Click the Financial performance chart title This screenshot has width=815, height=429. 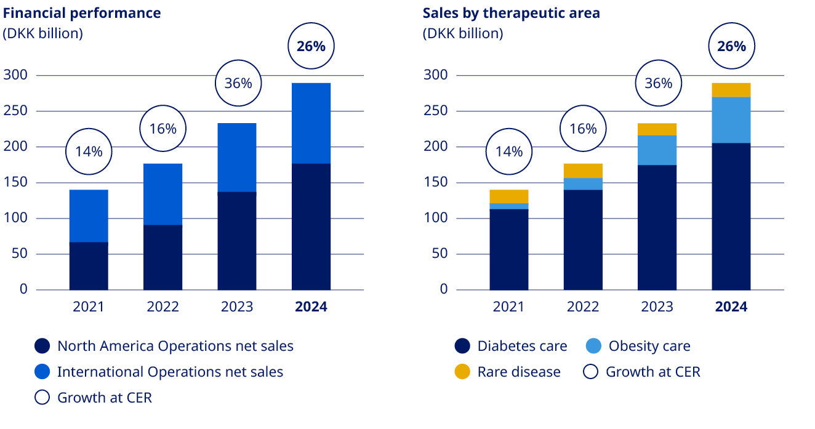point(82,13)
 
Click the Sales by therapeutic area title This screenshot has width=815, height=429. point(511,13)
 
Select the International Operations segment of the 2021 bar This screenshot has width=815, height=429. point(89,215)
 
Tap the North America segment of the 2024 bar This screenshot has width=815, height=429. point(311,227)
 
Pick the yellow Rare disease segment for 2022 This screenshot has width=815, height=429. point(583,170)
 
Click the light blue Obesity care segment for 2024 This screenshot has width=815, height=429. point(731,120)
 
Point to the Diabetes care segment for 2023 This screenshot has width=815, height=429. point(657,227)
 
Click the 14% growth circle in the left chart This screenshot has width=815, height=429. point(89,151)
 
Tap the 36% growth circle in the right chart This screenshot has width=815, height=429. point(658,83)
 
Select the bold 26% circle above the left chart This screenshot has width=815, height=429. point(311,46)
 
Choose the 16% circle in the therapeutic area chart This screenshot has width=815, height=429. point(583,129)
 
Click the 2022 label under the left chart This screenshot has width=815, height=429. point(163,307)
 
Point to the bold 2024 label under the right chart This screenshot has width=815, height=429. point(731,307)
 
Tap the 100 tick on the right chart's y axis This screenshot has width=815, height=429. point(436,219)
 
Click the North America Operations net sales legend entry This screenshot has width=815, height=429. point(175,346)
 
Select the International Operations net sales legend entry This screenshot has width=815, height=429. point(170,372)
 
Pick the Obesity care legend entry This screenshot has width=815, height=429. point(649,346)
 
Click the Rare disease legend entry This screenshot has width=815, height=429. point(518,372)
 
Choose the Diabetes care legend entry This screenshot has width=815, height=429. point(521,346)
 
